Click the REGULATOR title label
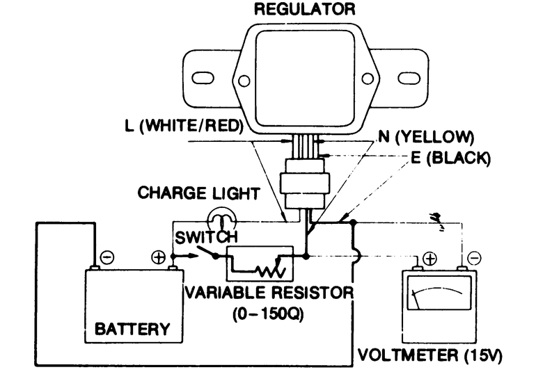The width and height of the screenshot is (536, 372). tap(304, 10)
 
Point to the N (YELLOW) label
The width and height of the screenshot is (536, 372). tap(426, 136)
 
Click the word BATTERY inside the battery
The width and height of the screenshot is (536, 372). tap(132, 328)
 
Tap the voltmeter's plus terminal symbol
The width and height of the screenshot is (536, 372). tap(429, 259)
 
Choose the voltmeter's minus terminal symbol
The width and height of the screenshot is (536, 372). tap(473, 259)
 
